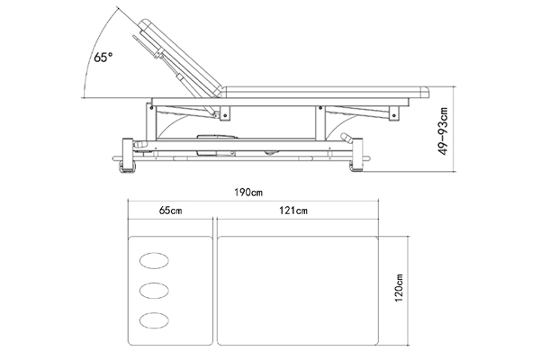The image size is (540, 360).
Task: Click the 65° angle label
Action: pos(103,58)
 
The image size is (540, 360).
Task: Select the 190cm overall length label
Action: pos(248,193)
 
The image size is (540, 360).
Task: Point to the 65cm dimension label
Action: pos(170,210)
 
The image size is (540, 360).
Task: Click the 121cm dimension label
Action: pos(293,210)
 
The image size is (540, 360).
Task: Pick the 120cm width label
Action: pos(399,288)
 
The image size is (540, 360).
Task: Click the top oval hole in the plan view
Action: pos(154,260)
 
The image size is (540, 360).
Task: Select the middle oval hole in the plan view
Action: pos(154,291)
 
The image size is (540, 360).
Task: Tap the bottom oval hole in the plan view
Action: pos(154,320)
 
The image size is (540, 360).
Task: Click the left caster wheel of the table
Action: pos(127,166)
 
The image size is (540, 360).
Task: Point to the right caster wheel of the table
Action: pos(356,166)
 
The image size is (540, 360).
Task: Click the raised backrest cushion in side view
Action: pos(181,58)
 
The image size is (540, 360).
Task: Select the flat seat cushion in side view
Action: pos(326,93)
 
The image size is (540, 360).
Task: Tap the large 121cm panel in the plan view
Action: pos(298,291)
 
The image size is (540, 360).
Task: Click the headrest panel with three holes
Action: pos(170,291)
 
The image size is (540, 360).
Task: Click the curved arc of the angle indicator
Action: pos(95,50)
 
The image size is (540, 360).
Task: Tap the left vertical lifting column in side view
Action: pos(151,121)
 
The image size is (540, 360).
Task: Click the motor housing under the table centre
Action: pos(217,145)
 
